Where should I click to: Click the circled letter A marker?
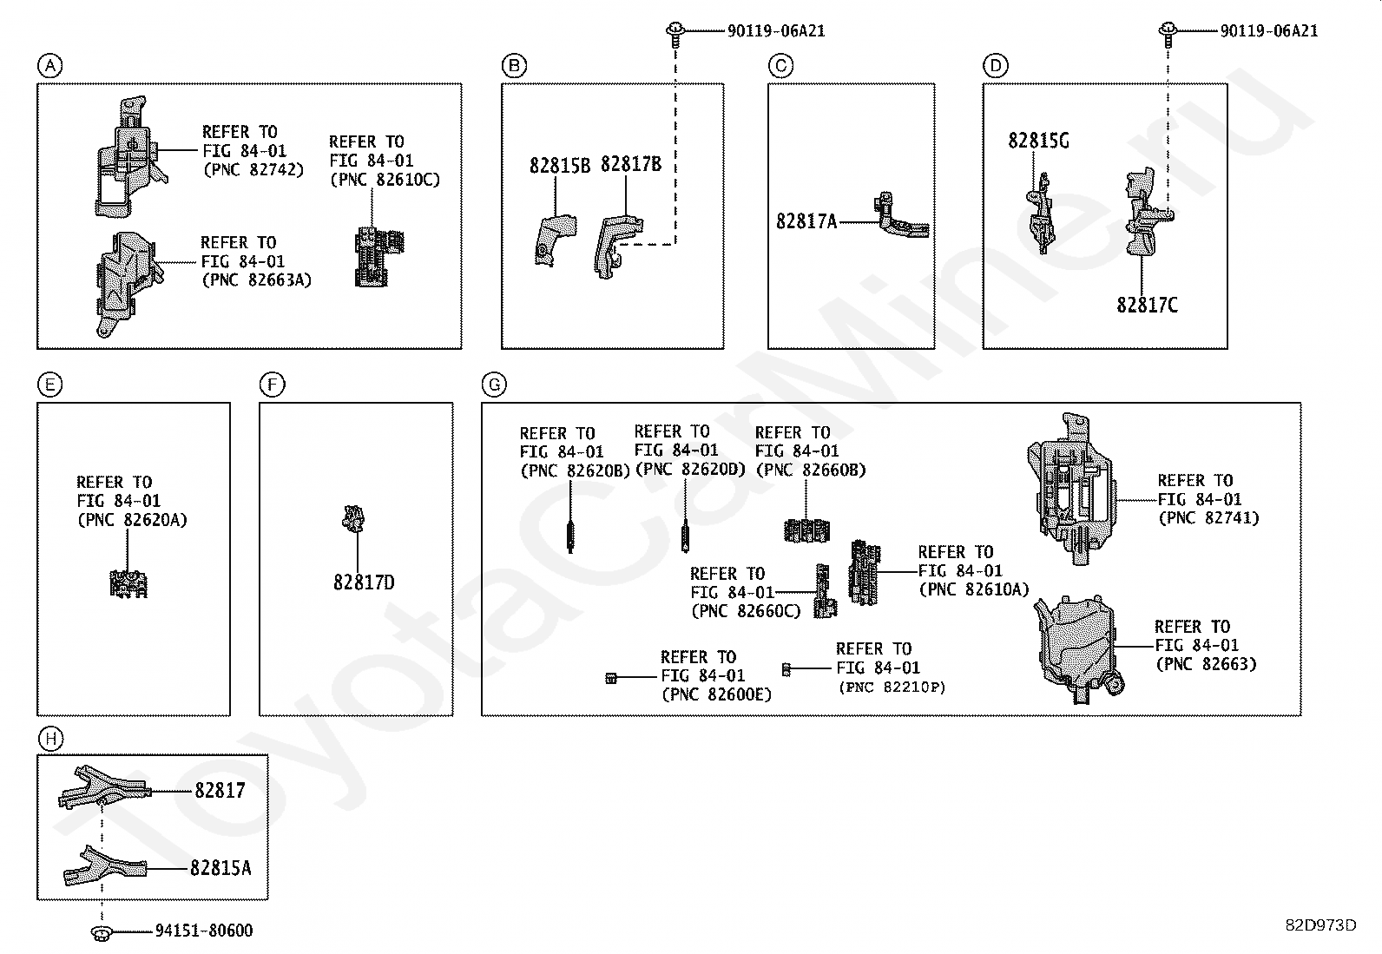(50, 65)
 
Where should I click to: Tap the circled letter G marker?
(494, 385)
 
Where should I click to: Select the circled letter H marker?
(50, 738)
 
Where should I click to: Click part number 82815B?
(560, 166)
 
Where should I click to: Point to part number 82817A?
(806, 220)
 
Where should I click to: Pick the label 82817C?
(1147, 305)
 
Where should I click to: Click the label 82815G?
(1039, 141)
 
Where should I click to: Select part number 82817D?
(364, 582)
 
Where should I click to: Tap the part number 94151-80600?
(204, 931)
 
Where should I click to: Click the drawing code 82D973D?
(1321, 925)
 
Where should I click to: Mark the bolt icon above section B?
(675, 34)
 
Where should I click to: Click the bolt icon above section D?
(1168, 34)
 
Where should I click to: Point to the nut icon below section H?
(101, 934)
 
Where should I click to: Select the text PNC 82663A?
(257, 280)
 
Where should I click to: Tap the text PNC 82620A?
(132, 520)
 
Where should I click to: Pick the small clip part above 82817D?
(353, 518)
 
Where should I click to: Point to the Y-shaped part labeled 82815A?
(106, 865)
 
